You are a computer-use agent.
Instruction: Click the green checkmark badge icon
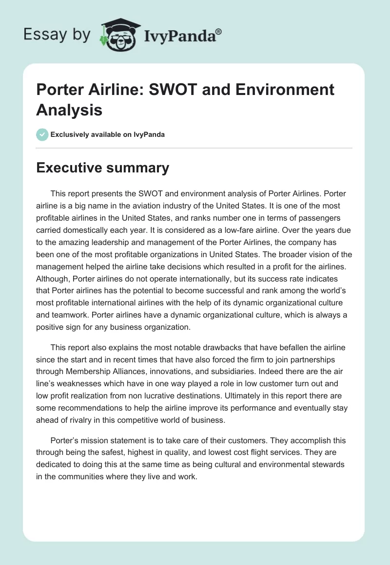coord(42,134)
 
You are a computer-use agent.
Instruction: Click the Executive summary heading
coord(102,168)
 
